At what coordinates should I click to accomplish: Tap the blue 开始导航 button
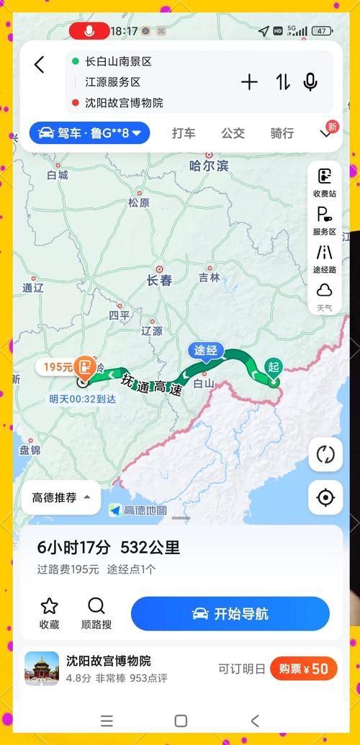(x=230, y=614)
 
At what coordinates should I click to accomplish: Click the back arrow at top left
(x=40, y=65)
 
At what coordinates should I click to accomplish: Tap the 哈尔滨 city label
(x=209, y=166)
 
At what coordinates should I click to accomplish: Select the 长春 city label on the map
(x=159, y=280)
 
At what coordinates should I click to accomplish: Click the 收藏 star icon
(x=49, y=606)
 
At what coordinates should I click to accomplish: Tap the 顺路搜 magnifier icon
(x=96, y=606)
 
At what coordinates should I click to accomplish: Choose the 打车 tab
(x=184, y=132)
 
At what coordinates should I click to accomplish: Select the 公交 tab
(x=233, y=132)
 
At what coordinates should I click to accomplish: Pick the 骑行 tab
(x=282, y=132)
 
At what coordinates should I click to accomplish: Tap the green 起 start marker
(x=273, y=366)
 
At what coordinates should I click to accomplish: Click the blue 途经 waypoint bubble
(x=206, y=351)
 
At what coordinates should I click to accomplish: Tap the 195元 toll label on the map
(x=58, y=366)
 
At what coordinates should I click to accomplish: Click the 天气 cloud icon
(x=325, y=290)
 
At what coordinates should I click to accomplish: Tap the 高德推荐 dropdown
(x=61, y=497)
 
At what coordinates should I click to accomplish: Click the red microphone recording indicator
(x=89, y=31)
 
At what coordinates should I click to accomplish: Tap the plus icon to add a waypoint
(x=249, y=82)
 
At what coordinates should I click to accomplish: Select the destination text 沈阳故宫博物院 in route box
(x=124, y=102)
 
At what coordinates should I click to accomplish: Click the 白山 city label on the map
(x=205, y=384)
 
